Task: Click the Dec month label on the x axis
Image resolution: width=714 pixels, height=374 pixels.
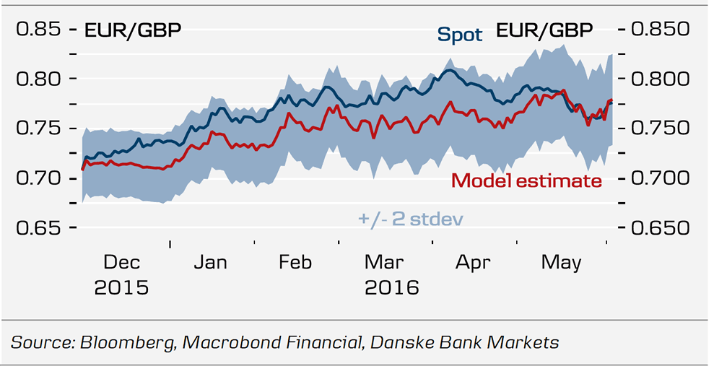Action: (121, 262)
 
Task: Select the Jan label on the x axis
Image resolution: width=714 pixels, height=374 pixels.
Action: (210, 262)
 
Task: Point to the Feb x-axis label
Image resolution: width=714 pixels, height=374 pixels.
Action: (295, 262)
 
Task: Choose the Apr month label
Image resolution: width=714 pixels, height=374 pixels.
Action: (471, 262)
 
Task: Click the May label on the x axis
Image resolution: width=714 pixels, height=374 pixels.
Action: (561, 262)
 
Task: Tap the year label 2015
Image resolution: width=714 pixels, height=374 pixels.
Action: (121, 287)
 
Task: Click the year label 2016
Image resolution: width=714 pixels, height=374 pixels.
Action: (391, 287)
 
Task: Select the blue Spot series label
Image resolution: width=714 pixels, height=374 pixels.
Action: (459, 34)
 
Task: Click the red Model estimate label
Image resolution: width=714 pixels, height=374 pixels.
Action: (526, 181)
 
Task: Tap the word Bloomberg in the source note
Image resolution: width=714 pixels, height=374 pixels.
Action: (125, 342)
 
